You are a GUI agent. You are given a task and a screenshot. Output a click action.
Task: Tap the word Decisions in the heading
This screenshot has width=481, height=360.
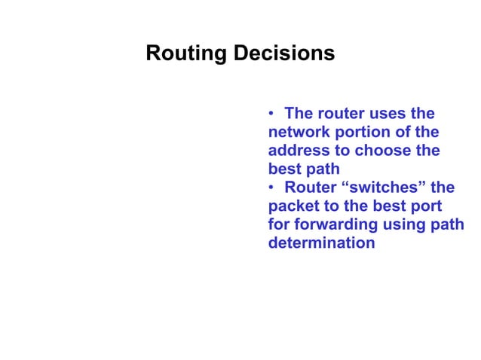point(284,55)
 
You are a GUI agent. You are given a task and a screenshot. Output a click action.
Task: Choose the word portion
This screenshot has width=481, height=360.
point(361,133)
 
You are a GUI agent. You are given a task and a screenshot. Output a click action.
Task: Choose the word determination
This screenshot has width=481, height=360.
point(321,243)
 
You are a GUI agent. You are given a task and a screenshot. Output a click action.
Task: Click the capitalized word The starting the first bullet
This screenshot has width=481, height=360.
point(299,114)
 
